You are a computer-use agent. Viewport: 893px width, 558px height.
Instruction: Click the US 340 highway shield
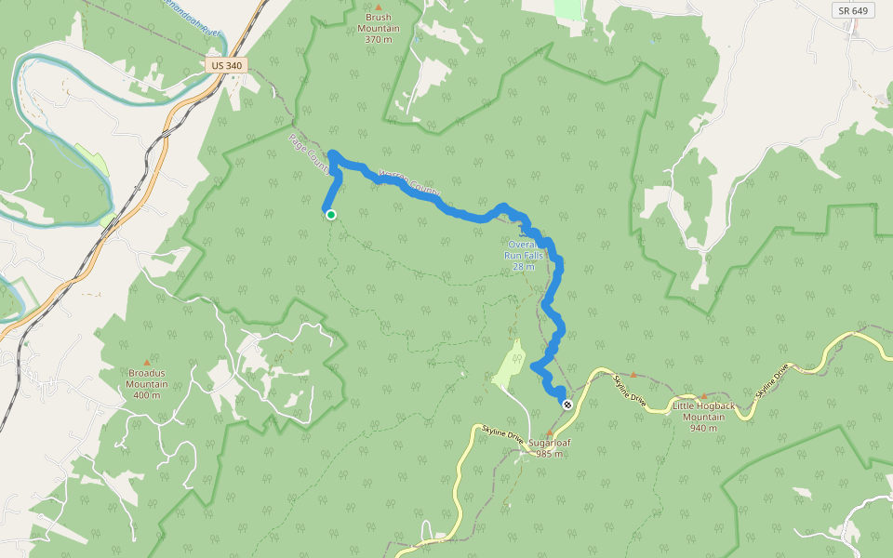227,66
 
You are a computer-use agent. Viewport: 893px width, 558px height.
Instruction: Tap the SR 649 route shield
852,11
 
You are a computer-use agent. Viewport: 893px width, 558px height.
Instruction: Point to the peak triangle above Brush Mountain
378,7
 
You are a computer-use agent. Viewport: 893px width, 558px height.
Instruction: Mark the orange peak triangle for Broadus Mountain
146,362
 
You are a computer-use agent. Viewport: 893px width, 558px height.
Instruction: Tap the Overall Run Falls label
524,255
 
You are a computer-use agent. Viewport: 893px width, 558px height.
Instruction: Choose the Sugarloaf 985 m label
549,448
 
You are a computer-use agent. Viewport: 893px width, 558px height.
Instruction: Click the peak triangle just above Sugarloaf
549,432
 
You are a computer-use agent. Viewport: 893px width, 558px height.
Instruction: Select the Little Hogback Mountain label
704,412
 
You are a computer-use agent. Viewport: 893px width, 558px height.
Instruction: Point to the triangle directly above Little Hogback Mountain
703,396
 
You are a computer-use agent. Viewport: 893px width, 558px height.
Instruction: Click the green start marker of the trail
330,215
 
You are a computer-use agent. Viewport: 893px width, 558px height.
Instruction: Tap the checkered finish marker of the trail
566,404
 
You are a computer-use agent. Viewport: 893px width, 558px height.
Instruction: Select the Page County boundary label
308,153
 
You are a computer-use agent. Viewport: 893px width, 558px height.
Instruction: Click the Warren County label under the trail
409,182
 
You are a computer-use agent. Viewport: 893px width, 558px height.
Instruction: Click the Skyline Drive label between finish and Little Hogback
629,388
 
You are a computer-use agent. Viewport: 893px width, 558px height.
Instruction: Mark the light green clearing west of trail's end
510,365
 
